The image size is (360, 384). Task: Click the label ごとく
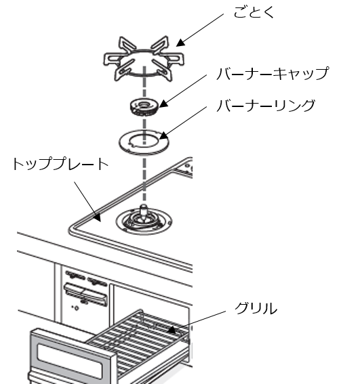click(x=254, y=12)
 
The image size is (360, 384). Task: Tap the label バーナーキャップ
click(x=273, y=73)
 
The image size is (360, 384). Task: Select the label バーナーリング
click(x=266, y=106)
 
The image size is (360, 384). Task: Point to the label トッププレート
click(x=60, y=164)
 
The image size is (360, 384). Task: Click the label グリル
click(x=256, y=308)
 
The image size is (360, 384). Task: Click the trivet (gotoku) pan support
click(x=144, y=59)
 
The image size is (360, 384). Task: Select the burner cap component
click(x=144, y=107)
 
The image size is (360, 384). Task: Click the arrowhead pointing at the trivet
click(x=180, y=43)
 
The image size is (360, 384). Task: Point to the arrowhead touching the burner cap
click(x=164, y=104)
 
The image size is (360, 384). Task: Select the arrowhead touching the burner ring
click(x=164, y=135)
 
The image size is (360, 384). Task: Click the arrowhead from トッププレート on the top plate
click(x=98, y=217)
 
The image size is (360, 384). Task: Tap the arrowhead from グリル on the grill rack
click(x=172, y=330)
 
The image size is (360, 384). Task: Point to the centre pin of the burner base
click(x=144, y=211)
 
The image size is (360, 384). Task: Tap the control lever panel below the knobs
click(x=85, y=294)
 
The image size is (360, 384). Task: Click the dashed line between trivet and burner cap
click(x=144, y=83)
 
